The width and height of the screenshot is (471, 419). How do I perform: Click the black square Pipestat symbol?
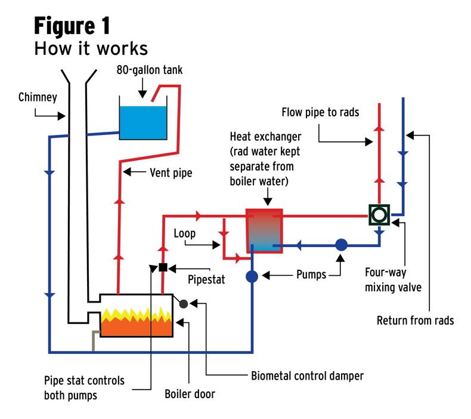pyautogui.click(x=163, y=267)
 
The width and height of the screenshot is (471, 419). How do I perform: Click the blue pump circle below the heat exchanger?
pyautogui.click(x=252, y=276)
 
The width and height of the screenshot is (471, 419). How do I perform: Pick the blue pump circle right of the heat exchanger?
pyautogui.click(x=341, y=244)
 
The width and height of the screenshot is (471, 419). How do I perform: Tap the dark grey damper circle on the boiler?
pyautogui.click(x=184, y=304)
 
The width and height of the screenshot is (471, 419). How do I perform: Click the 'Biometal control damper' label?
pyautogui.click(x=306, y=376)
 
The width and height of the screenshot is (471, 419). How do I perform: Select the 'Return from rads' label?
pyautogui.click(x=415, y=321)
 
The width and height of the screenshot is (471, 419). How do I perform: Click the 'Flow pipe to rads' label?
pyautogui.click(x=320, y=112)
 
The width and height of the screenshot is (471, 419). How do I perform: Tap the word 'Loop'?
pyautogui.click(x=184, y=233)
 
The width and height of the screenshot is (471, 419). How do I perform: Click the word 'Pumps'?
pyautogui.click(x=312, y=275)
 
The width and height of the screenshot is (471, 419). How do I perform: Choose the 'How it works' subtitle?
pyautogui.click(x=91, y=48)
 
